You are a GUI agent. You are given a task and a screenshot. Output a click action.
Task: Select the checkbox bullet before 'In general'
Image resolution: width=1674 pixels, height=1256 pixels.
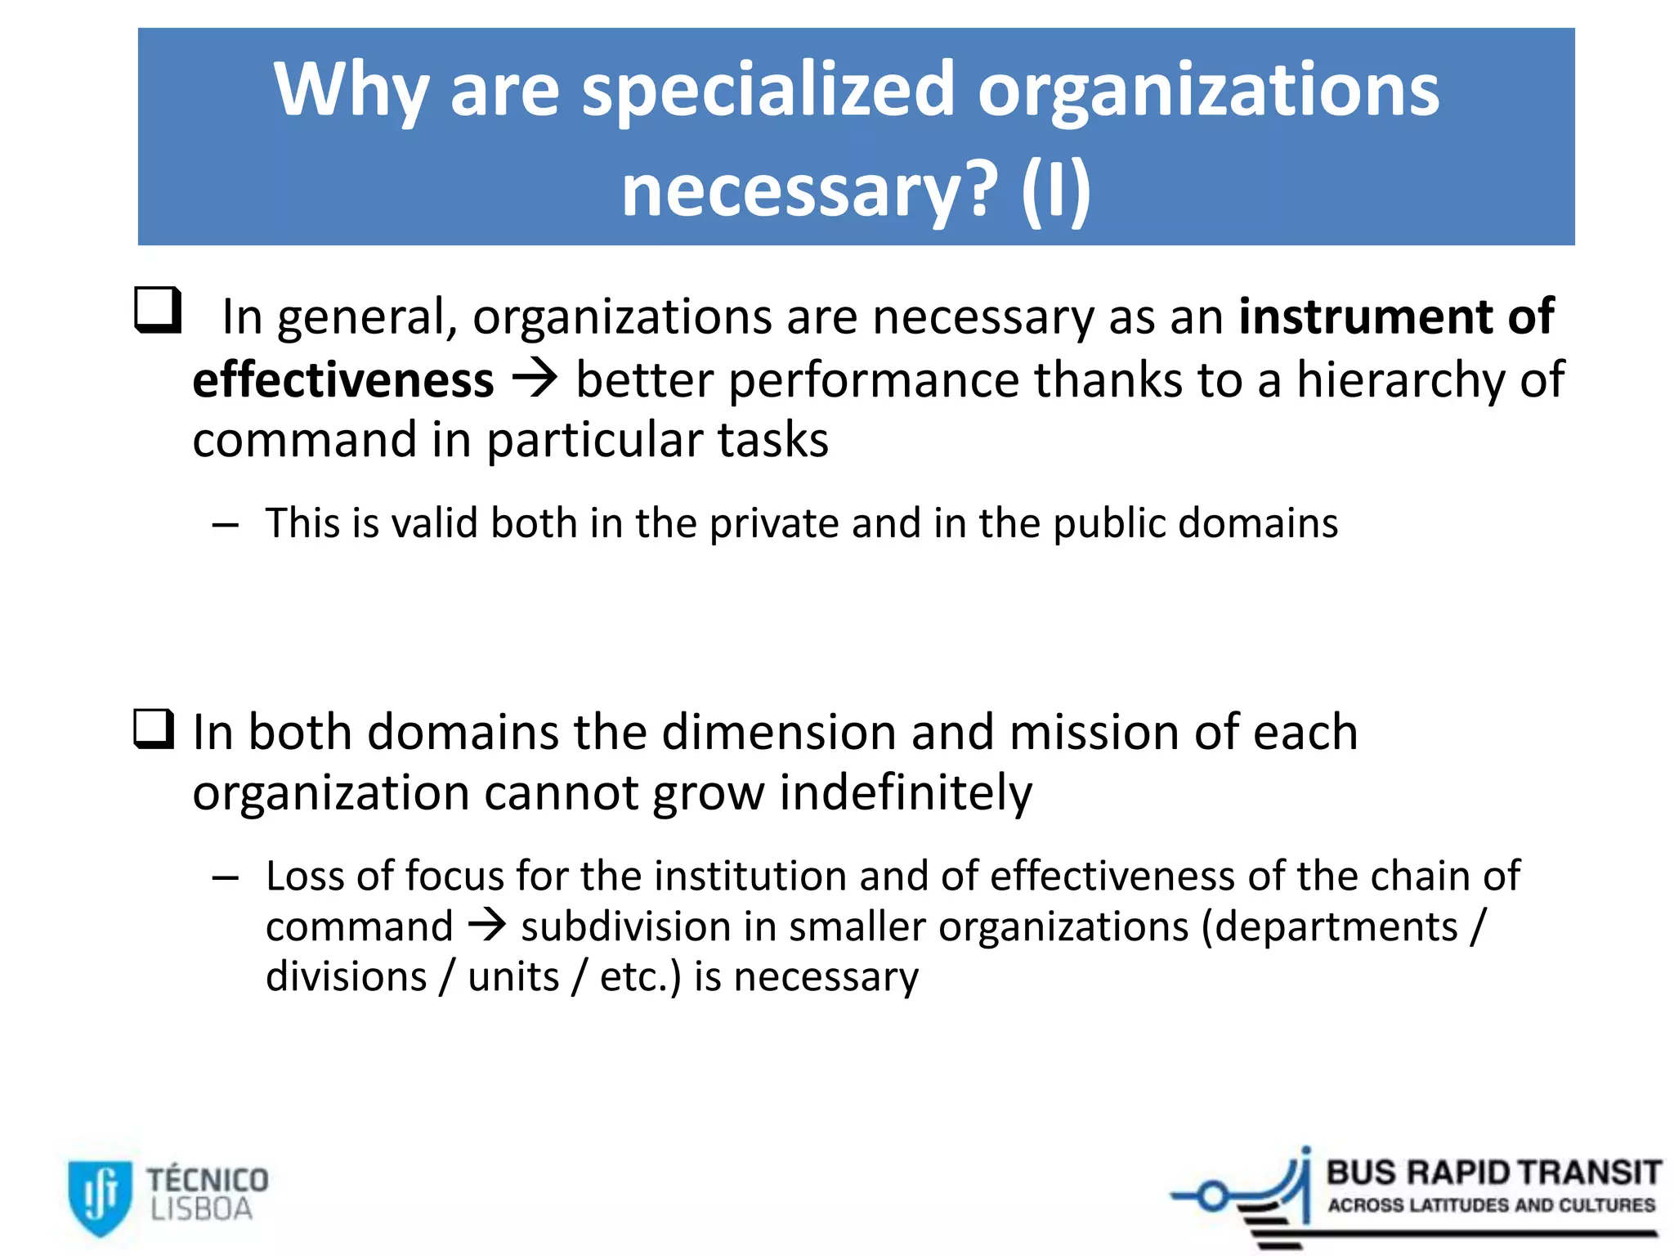pyautogui.click(x=157, y=310)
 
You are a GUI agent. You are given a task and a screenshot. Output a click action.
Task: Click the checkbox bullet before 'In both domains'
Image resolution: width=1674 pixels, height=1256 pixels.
pyautogui.click(x=154, y=729)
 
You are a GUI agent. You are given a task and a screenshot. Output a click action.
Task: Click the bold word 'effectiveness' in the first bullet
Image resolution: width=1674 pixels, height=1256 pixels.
pyautogui.click(x=343, y=380)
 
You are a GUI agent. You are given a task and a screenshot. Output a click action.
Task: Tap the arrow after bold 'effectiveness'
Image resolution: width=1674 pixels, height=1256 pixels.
pyautogui.click(x=535, y=379)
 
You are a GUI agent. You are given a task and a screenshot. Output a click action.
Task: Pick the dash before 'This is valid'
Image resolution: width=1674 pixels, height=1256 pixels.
pyautogui.click(x=225, y=525)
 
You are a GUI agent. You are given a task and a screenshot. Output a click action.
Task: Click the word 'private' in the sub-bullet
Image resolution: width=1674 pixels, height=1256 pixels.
pyautogui.click(x=773, y=524)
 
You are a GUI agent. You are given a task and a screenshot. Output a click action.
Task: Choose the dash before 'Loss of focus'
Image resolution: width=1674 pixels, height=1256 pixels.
pyautogui.click(x=225, y=878)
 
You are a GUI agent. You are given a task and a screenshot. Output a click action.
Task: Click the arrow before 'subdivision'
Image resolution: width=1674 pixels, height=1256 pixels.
pyautogui.click(x=487, y=926)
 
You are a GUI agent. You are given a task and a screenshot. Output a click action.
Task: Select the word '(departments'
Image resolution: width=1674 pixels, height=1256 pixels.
pyautogui.click(x=1329, y=927)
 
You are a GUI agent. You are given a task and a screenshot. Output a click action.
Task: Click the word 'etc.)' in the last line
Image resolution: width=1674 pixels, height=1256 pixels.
pyautogui.click(x=640, y=977)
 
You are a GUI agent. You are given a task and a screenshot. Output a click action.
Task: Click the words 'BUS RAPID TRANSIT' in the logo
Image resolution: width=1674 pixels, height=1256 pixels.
pyautogui.click(x=1493, y=1173)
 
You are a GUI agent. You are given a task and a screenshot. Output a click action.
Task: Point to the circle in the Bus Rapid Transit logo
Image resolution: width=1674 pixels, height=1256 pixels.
pyautogui.click(x=1212, y=1197)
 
